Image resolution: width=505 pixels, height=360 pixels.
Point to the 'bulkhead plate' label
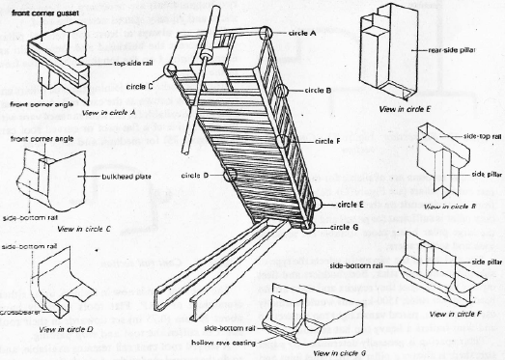(123, 177)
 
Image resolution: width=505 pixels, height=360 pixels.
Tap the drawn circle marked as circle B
(281, 90)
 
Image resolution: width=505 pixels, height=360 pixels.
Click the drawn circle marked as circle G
(307, 227)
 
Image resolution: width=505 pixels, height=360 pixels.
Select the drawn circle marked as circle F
(283, 142)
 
